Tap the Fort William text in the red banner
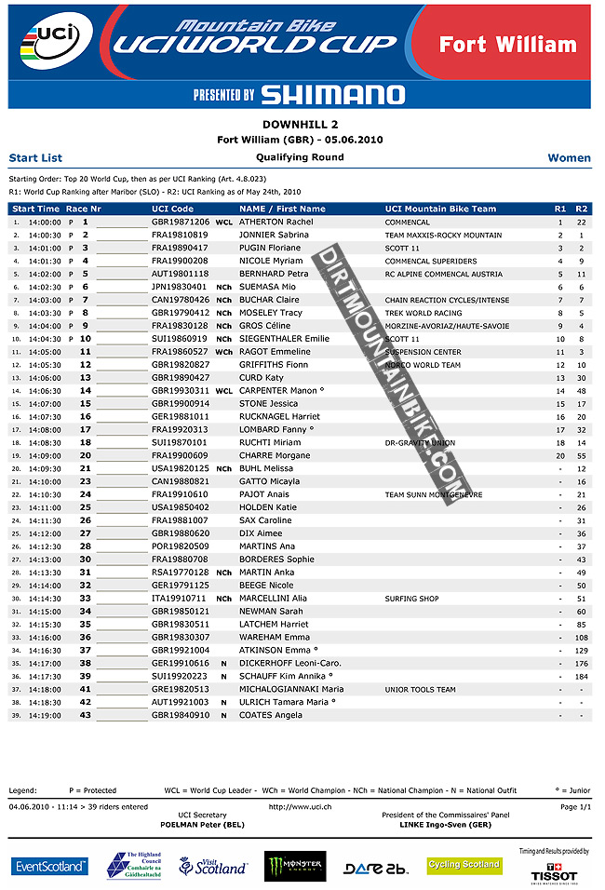click(507, 45)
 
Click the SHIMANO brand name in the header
click(332, 94)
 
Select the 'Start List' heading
click(35, 158)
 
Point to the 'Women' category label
click(569, 158)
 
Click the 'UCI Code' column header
click(173, 209)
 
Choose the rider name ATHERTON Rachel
click(276, 222)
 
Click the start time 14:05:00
click(45, 352)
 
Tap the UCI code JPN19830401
click(180, 288)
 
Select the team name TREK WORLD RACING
click(423, 313)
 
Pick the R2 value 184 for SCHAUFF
click(581, 676)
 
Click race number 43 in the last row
click(85, 715)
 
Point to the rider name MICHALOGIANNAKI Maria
click(291, 689)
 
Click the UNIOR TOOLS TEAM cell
click(421, 689)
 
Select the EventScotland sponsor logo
click(50, 867)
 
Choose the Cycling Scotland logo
click(464, 865)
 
